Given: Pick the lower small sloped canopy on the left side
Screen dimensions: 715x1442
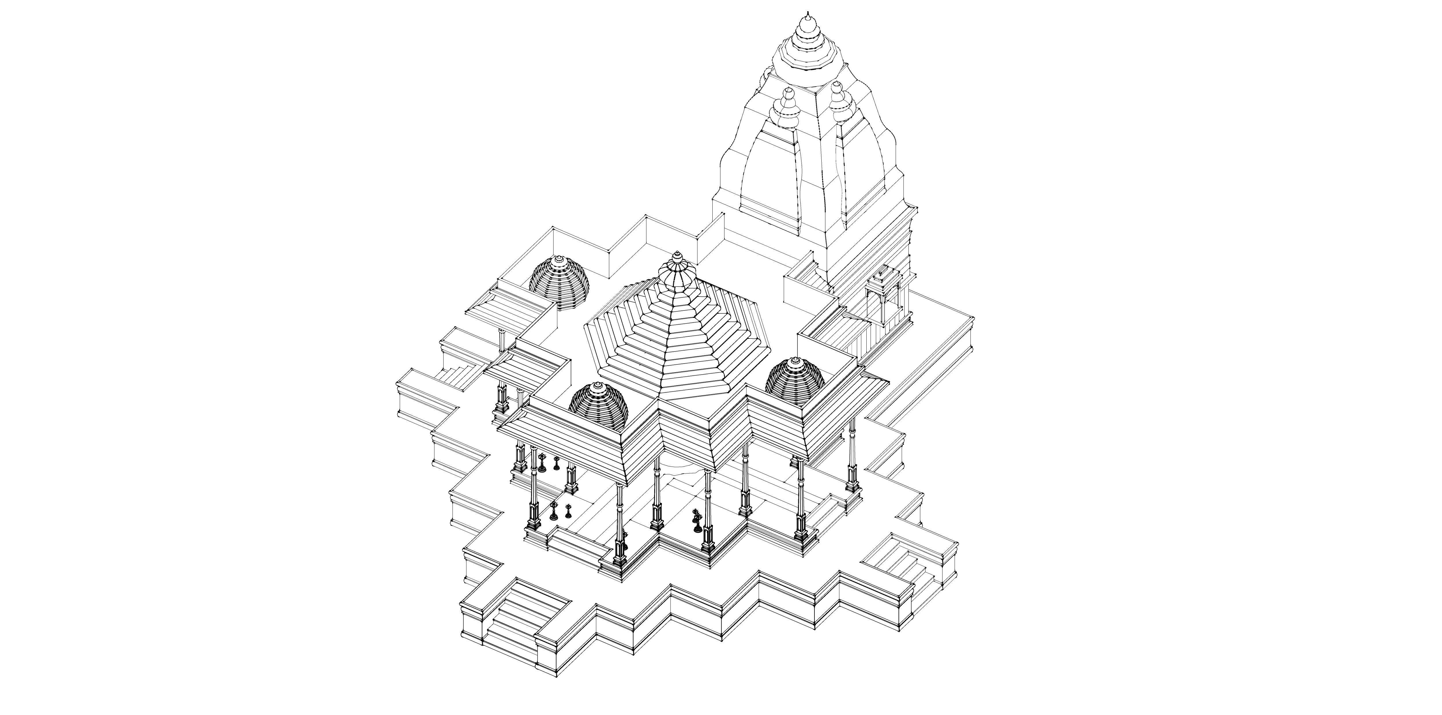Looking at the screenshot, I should (523, 370).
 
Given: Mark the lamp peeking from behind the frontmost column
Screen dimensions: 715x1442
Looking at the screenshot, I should (625, 540).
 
